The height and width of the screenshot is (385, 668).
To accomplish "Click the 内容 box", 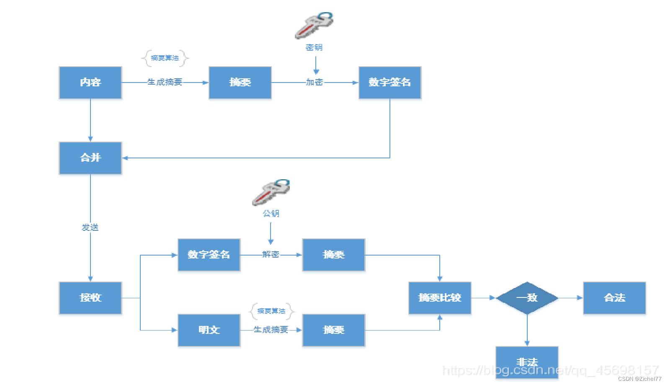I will click(90, 83).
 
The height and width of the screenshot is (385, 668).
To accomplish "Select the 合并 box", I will click(90, 158).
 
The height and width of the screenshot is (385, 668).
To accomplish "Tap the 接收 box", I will click(90, 298).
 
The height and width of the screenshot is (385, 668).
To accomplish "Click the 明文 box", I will click(209, 330).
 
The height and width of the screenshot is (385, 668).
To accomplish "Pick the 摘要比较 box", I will click(440, 298).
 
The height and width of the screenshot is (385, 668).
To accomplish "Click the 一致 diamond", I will click(527, 298).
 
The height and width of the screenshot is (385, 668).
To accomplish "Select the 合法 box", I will click(614, 298).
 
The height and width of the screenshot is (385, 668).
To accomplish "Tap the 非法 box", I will click(527, 362).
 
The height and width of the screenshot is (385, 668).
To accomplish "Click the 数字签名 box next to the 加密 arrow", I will click(390, 83).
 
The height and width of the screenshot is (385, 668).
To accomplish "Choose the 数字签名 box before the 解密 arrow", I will click(209, 255).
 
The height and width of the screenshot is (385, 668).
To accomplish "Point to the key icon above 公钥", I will click(271, 192).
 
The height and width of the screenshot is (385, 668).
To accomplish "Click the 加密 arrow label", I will click(314, 83).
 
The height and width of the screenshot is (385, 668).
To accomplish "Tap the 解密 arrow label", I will click(271, 255).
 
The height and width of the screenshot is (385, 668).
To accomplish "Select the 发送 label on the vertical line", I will click(90, 227).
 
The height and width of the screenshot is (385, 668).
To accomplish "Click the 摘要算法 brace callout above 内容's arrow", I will click(165, 58).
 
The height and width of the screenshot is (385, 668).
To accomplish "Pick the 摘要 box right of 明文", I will click(334, 330).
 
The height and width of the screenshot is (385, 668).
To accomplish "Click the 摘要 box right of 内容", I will click(240, 83).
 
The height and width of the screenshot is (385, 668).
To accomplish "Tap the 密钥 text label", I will click(314, 47).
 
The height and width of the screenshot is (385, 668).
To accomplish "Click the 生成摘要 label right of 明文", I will click(271, 330).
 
